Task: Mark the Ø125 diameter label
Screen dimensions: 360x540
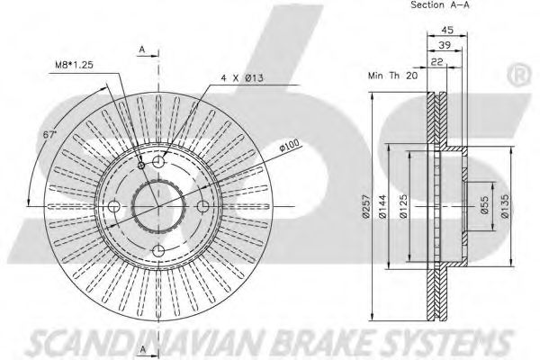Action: pyautogui.click(x=411, y=208)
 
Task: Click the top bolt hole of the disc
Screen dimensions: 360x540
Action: pyautogui.click(x=159, y=162)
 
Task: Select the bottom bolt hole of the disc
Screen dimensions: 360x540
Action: pyautogui.click(x=159, y=251)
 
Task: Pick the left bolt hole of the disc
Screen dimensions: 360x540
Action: pyautogui.click(x=114, y=207)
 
